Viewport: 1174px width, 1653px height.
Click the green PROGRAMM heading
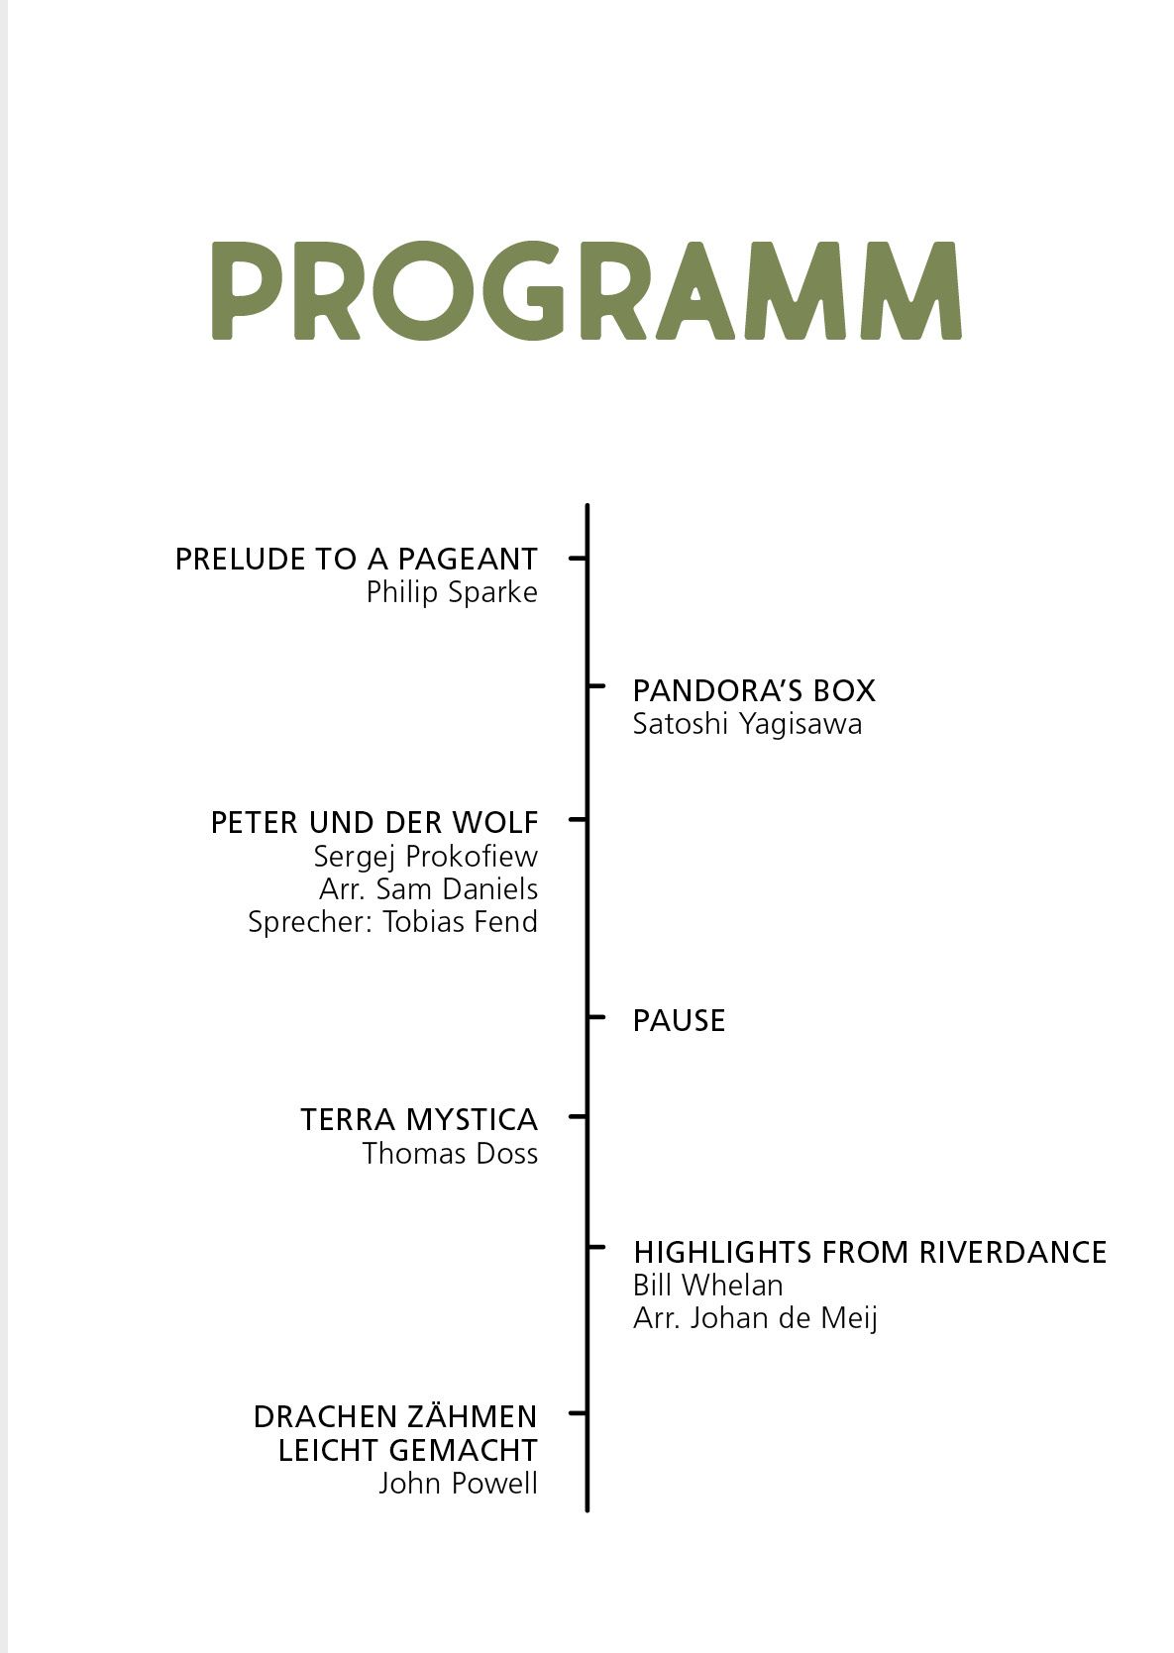pyautogui.click(x=586, y=290)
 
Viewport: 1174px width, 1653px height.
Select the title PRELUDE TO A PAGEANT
pyautogui.click(x=356, y=560)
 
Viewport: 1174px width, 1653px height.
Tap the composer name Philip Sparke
pyautogui.click(x=452, y=592)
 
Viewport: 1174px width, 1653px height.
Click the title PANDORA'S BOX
pyautogui.click(x=754, y=690)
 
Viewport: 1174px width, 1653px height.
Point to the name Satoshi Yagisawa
pyautogui.click(x=747, y=724)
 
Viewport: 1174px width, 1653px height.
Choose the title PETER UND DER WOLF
pyautogui.click(x=374, y=822)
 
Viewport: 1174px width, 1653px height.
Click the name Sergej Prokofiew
pyautogui.click(x=425, y=856)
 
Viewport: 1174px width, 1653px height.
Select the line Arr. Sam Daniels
pyautogui.click(x=428, y=888)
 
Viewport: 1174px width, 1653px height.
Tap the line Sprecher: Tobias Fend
pyautogui.click(x=392, y=922)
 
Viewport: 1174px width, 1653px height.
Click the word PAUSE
pyautogui.click(x=679, y=1020)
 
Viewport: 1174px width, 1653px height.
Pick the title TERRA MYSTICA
pyautogui.click(x=419, y=1120)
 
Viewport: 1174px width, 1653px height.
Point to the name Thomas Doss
pyautogui.click(x=450, y=1154)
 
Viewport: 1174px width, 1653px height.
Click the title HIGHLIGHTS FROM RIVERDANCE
pyautogui.click(x=870, y=1252)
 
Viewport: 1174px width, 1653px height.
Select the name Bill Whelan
pyautogui.click(x=707, y=1286)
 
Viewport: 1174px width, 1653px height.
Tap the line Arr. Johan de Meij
pyautogui.click(x=755, y=1318)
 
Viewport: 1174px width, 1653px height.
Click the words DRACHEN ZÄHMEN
pyautogui.click(x=395, y=1417)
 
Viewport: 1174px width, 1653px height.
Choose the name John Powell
pyautogui.click(x=458, y=1484)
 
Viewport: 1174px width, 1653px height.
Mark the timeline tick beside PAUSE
pyautogui.click(x=596, y=1017)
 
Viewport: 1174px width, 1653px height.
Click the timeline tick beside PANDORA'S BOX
pyautogui.click(x=596, y=685)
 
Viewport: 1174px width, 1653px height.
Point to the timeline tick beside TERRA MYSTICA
pyautogui.click(x=578, y=1116)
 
